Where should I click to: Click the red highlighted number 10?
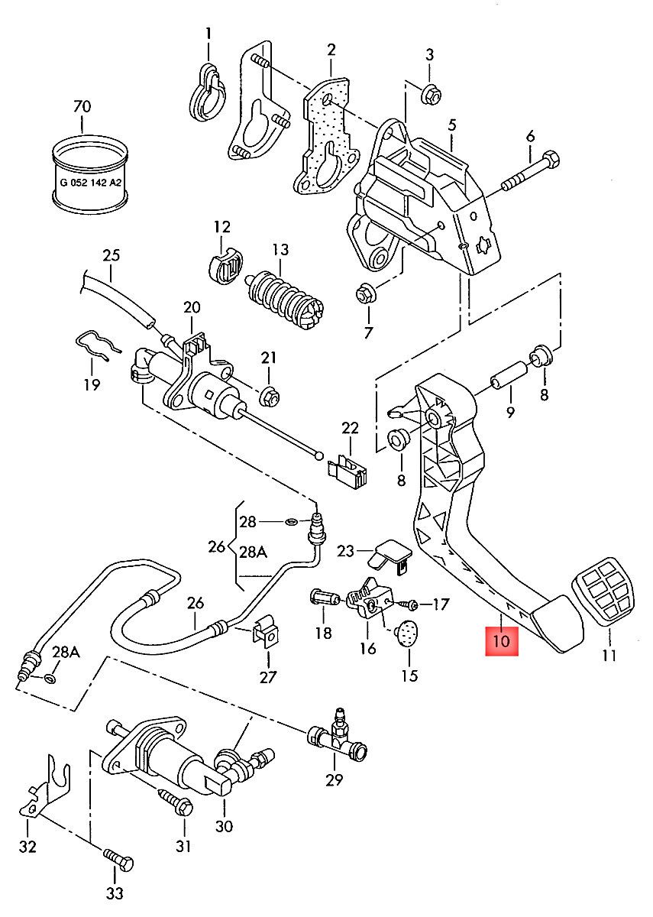pos(501,640)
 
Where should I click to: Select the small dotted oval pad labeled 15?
pos(409,634)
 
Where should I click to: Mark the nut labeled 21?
pos(269,397)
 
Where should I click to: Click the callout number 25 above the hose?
pos(112,254)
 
